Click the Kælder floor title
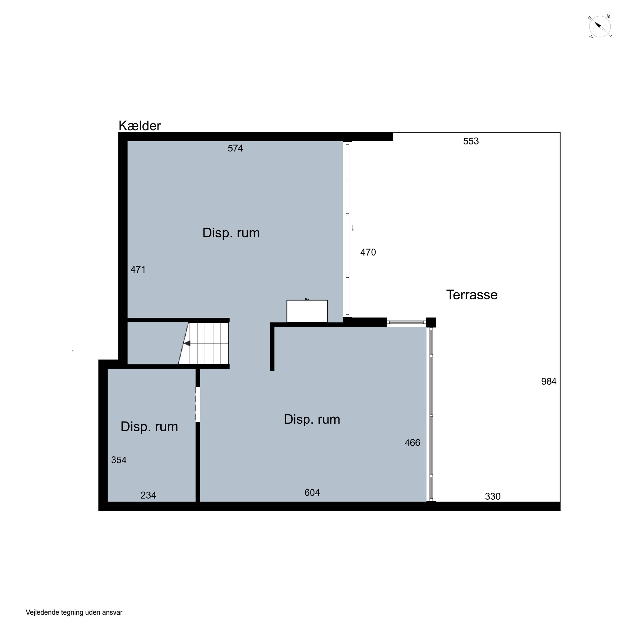coord(139,126)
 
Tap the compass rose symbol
coord(600,27)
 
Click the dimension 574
coord(235,148)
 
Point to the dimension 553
coord(471,141)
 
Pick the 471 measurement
coord(138,270)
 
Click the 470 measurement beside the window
coord(368,252)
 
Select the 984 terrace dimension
coord(549,381)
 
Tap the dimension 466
coord(412,443)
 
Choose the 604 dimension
coord(312,493)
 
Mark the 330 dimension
coord(493,496)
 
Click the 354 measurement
coord(119,460)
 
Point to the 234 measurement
coord(148,495)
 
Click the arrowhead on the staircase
coord(187,343)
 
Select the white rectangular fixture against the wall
coord(307,311)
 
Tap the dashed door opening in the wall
coord(197,405)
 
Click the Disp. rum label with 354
coord(149,427)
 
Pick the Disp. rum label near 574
coord(231,233)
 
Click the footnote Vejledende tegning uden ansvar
coord(74,612)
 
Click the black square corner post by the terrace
coord(431,322)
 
